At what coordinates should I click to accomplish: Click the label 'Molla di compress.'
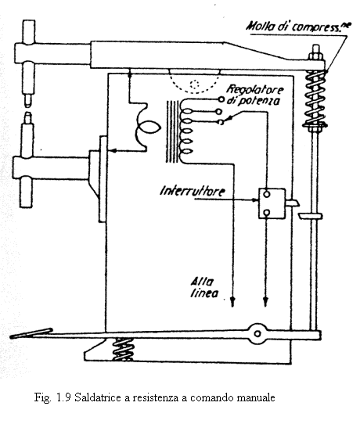click(x=298, y=27)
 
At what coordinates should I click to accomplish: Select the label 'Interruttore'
click(x=192, y=191)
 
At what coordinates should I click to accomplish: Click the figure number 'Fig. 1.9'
click(x=52, y=397)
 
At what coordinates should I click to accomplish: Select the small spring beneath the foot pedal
click(x=123, y=349)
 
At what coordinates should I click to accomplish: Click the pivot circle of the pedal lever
click(x=257, y=333)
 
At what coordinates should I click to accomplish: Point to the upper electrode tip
click(x=28, y=101)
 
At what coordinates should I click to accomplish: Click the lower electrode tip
click(x=28, y=117)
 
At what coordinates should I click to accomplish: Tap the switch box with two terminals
click(x=272, y=203)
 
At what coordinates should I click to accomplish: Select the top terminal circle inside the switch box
click(x=267, y=194)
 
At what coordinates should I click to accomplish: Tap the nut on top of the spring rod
click(x=315, y=57)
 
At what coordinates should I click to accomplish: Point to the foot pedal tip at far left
click(x=13, y=337)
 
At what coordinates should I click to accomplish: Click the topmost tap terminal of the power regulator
click(x=221, y=100)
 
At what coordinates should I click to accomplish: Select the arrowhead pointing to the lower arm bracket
click(x=114, y=150)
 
